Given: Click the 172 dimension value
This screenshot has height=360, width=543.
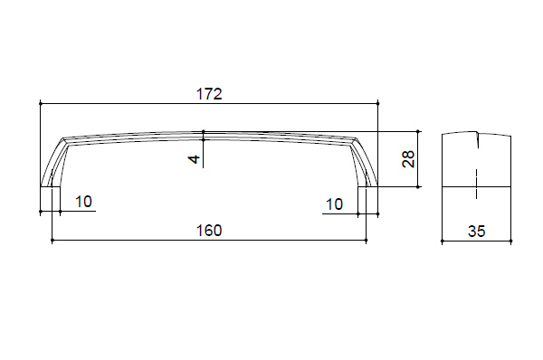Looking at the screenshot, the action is tap(209, 94).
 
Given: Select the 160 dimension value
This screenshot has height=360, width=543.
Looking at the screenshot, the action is tap(209, 231).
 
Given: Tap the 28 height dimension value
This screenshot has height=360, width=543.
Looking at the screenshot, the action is tap(409, 159).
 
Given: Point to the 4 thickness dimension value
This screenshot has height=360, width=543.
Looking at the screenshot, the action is tap(195, 159).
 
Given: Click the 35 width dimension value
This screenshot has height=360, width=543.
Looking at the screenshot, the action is tap(477, 232).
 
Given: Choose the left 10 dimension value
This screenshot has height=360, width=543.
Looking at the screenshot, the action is tap(83, 202).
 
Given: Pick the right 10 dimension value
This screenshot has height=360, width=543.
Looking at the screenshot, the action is tap(334, 204).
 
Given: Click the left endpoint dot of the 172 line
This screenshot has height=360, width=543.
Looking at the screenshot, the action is tap(41, 103).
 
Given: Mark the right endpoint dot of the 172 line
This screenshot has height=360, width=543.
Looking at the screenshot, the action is tap(377, 103).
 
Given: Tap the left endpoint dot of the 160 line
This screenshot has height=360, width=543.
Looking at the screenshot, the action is tap(52, 240).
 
